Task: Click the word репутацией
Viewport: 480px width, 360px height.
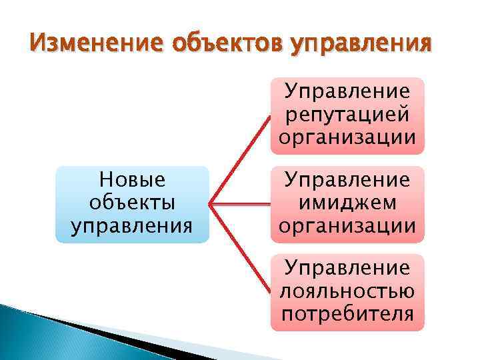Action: pos(347,115)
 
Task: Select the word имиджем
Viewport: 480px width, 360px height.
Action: pos(347,203)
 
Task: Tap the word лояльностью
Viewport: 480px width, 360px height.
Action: pos(347,291)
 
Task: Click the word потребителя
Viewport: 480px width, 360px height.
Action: pos(347,313)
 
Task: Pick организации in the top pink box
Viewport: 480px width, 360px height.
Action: pos(347,137)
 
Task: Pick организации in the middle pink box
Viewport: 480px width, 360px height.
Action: pos(347,225)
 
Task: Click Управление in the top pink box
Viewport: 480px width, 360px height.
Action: pos(347,92)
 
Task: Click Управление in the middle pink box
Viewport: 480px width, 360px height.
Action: pos(347,180)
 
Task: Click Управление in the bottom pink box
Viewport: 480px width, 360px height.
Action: pos(347,268)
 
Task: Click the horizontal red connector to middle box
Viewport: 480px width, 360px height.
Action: pos(240,203)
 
